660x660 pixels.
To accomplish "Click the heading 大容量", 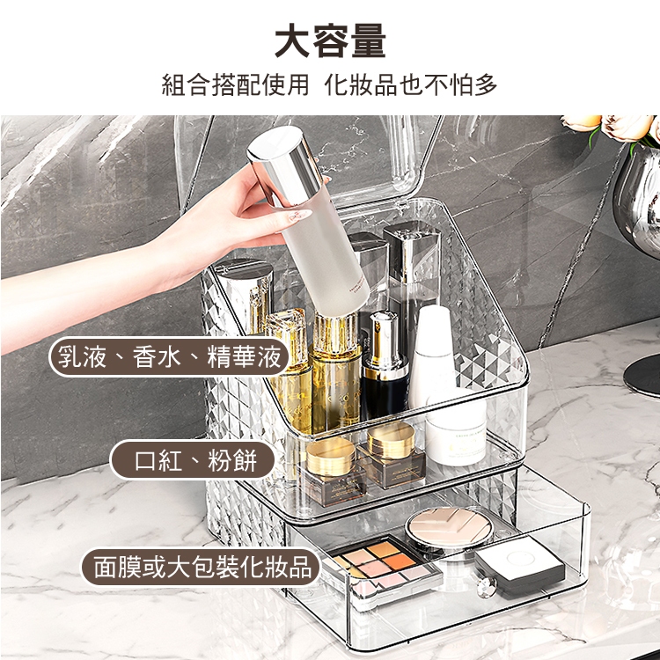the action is point(330,40).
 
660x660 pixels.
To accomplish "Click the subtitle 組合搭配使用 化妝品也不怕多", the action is point(330,84).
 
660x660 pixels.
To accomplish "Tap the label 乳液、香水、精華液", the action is point(169,357).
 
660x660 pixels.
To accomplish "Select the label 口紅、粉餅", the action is point(194,460).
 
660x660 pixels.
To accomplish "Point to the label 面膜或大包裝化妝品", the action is point(202,567).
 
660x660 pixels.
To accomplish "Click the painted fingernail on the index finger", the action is point(298,216).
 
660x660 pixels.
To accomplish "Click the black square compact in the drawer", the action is point(519,566).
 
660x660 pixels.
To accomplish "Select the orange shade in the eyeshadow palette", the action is point(398,561).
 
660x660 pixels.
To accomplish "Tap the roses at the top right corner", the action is point(615,127).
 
